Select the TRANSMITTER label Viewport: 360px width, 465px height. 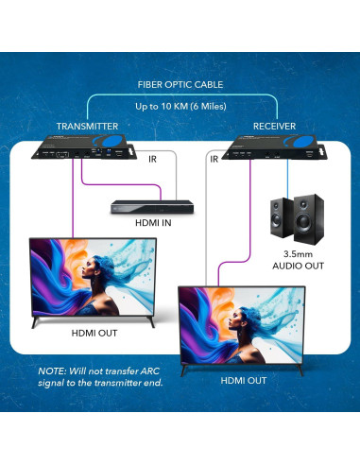[x=87, y=125]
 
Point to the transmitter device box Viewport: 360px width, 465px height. [x=88, y=149]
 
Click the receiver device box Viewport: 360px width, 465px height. [x=274, y=149]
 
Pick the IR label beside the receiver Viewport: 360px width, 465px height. [x=214, y=160]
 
